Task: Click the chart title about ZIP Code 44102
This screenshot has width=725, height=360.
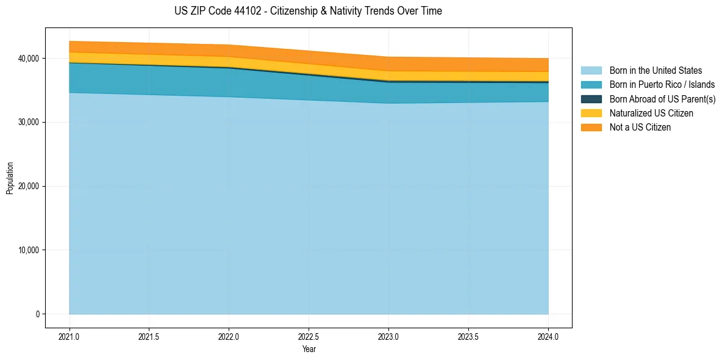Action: pyautogui.click(x=308, y=11)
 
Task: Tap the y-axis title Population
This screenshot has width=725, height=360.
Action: pyautogui.click(x=10, y=178)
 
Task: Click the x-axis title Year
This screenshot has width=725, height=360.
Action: pyautogui.click(x=309, y=349)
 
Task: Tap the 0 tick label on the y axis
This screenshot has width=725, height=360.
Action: pyautogui.click(x=37, y=314)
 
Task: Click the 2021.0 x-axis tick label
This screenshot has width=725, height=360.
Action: pyautogui.click(x=69, y=336)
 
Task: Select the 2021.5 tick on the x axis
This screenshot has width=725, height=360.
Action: pyautogui.click(x=149, y=336)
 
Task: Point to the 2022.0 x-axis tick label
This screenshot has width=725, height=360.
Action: pyautogui.click(x=229, y=336)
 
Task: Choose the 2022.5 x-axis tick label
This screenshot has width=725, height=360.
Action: pyautogui.click(x=309, y=336)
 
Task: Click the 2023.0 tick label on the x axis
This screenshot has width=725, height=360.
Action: pyautogui.click(x=388, y=336)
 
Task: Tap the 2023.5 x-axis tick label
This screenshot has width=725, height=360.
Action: pyautogui.click(x=468, y=336)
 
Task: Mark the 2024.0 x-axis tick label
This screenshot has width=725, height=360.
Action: pyautogui.click(x=548, y=336)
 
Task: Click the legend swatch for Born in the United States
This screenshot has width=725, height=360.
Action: pyautogui.click(x=591, y=71)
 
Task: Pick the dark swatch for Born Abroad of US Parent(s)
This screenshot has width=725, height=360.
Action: pyautogui.click(x=591, y=99)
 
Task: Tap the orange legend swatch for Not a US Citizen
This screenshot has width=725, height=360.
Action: pyautogui.click(x=591, y=127)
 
